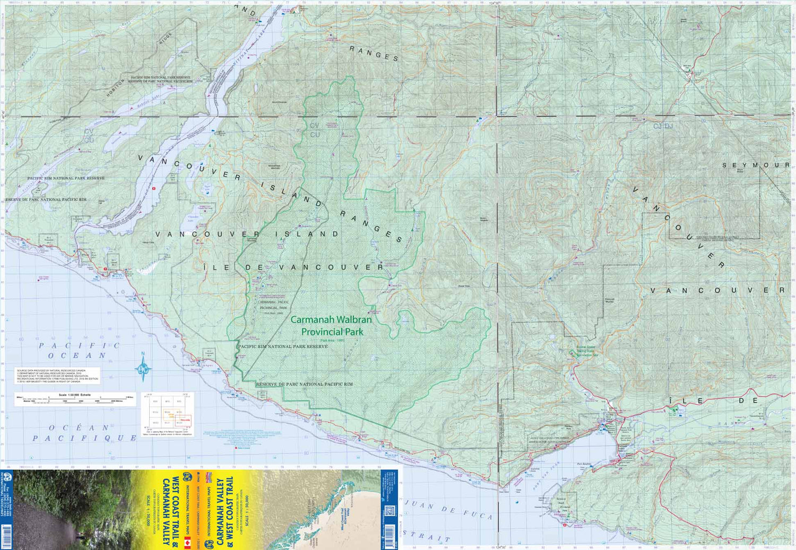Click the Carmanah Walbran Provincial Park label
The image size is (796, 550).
[332, 326]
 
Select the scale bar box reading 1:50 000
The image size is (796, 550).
[75, 399]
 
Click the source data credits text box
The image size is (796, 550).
[57, 376]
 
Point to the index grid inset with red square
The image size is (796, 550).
[168, 414]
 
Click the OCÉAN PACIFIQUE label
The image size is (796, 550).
[84, 433]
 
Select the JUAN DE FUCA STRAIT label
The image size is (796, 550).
[446, 520]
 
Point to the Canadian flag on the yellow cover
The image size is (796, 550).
[187, 543]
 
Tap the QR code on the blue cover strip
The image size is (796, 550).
[389, 511]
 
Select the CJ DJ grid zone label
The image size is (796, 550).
[663, 126]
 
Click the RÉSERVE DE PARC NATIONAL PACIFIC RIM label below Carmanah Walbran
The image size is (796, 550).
[304, 384]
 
